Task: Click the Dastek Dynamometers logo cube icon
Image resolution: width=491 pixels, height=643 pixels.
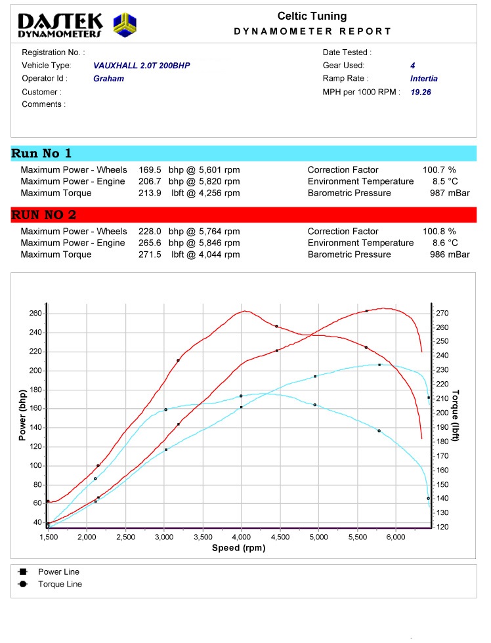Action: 125,25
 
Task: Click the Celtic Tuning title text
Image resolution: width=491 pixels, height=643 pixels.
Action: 312,16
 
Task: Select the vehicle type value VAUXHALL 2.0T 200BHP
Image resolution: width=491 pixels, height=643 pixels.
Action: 142,66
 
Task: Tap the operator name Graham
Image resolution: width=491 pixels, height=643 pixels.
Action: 108,79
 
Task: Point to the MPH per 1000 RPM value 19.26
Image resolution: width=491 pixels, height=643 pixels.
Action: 421,93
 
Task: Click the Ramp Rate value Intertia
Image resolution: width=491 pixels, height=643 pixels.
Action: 423,79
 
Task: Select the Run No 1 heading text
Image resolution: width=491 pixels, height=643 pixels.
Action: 41,154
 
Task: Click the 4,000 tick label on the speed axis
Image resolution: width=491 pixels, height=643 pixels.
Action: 242,537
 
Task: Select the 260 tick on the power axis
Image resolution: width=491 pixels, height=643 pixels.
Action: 35,314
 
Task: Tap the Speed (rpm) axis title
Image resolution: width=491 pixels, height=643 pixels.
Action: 239,548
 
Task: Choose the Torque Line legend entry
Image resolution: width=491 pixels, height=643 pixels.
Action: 60,584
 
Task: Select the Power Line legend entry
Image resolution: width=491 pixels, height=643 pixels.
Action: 58,571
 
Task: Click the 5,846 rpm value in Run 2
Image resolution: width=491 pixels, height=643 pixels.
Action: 211,243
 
